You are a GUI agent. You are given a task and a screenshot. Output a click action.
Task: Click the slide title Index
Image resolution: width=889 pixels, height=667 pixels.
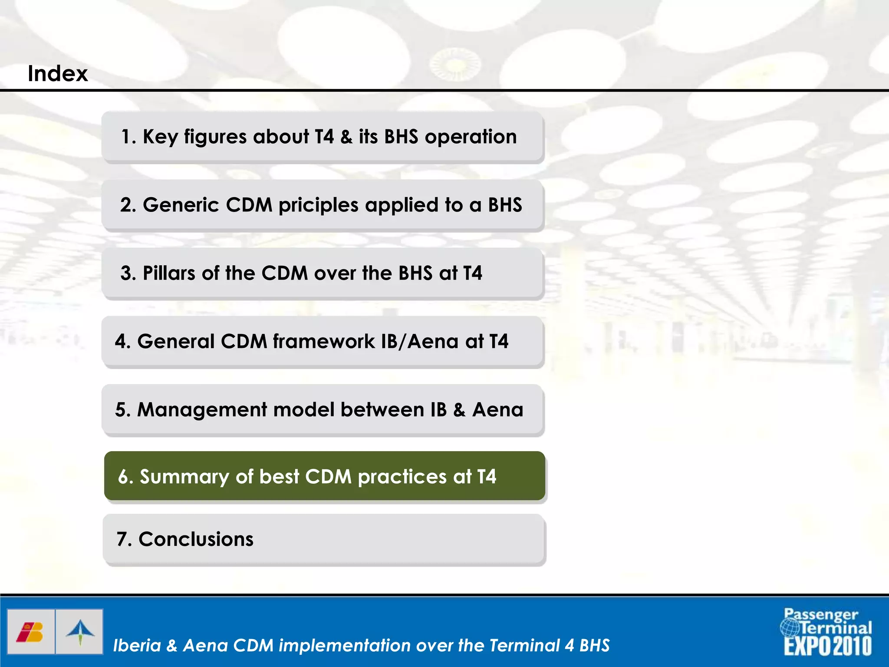pyautogui.click(x=57, y=73)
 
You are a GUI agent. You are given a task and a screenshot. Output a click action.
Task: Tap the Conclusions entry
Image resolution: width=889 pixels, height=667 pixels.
pyautogui.click(x=195, y=539)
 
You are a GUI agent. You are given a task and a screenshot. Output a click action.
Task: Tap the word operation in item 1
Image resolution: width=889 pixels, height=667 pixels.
pyautogui.click(x=471, y=137)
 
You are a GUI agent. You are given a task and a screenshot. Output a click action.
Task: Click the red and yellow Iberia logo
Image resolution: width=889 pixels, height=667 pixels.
pyautogui.click(x=30, y=632)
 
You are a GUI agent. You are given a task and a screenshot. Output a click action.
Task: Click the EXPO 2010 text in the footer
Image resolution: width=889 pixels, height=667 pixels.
pyautogui.click(x=827, y=646)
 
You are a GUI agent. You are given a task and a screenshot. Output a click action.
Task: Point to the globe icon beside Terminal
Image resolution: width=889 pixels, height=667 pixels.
pyautogui.click(x=789, y=627)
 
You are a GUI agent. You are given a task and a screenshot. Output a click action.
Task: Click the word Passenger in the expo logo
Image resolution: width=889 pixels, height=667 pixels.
pyautogui.click(x=821, y=614)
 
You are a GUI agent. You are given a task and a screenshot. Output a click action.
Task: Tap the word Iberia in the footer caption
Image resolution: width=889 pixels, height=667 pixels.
pyautogui.click(x=137, y=645)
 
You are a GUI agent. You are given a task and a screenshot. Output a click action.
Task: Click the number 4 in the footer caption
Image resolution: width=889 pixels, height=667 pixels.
pyautogui.click(x=570, y=645)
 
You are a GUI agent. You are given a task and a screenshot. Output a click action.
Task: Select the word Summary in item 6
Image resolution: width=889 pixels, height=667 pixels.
pyautogui.click(x=184, y=477)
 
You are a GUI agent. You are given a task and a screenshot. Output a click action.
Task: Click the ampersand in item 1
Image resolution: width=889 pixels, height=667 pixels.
pyautogui.click(x=346, y=137)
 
